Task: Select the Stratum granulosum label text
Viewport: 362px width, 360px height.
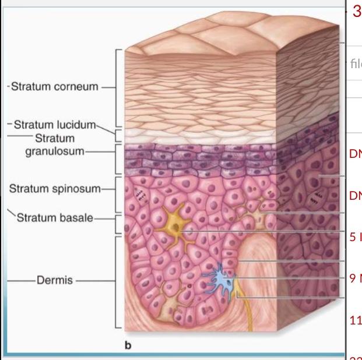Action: [55, 146]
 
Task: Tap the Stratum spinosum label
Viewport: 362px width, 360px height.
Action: [55, 189]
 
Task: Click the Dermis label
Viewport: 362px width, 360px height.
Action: [55, 280]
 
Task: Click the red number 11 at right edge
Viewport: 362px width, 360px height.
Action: [355, 320]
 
